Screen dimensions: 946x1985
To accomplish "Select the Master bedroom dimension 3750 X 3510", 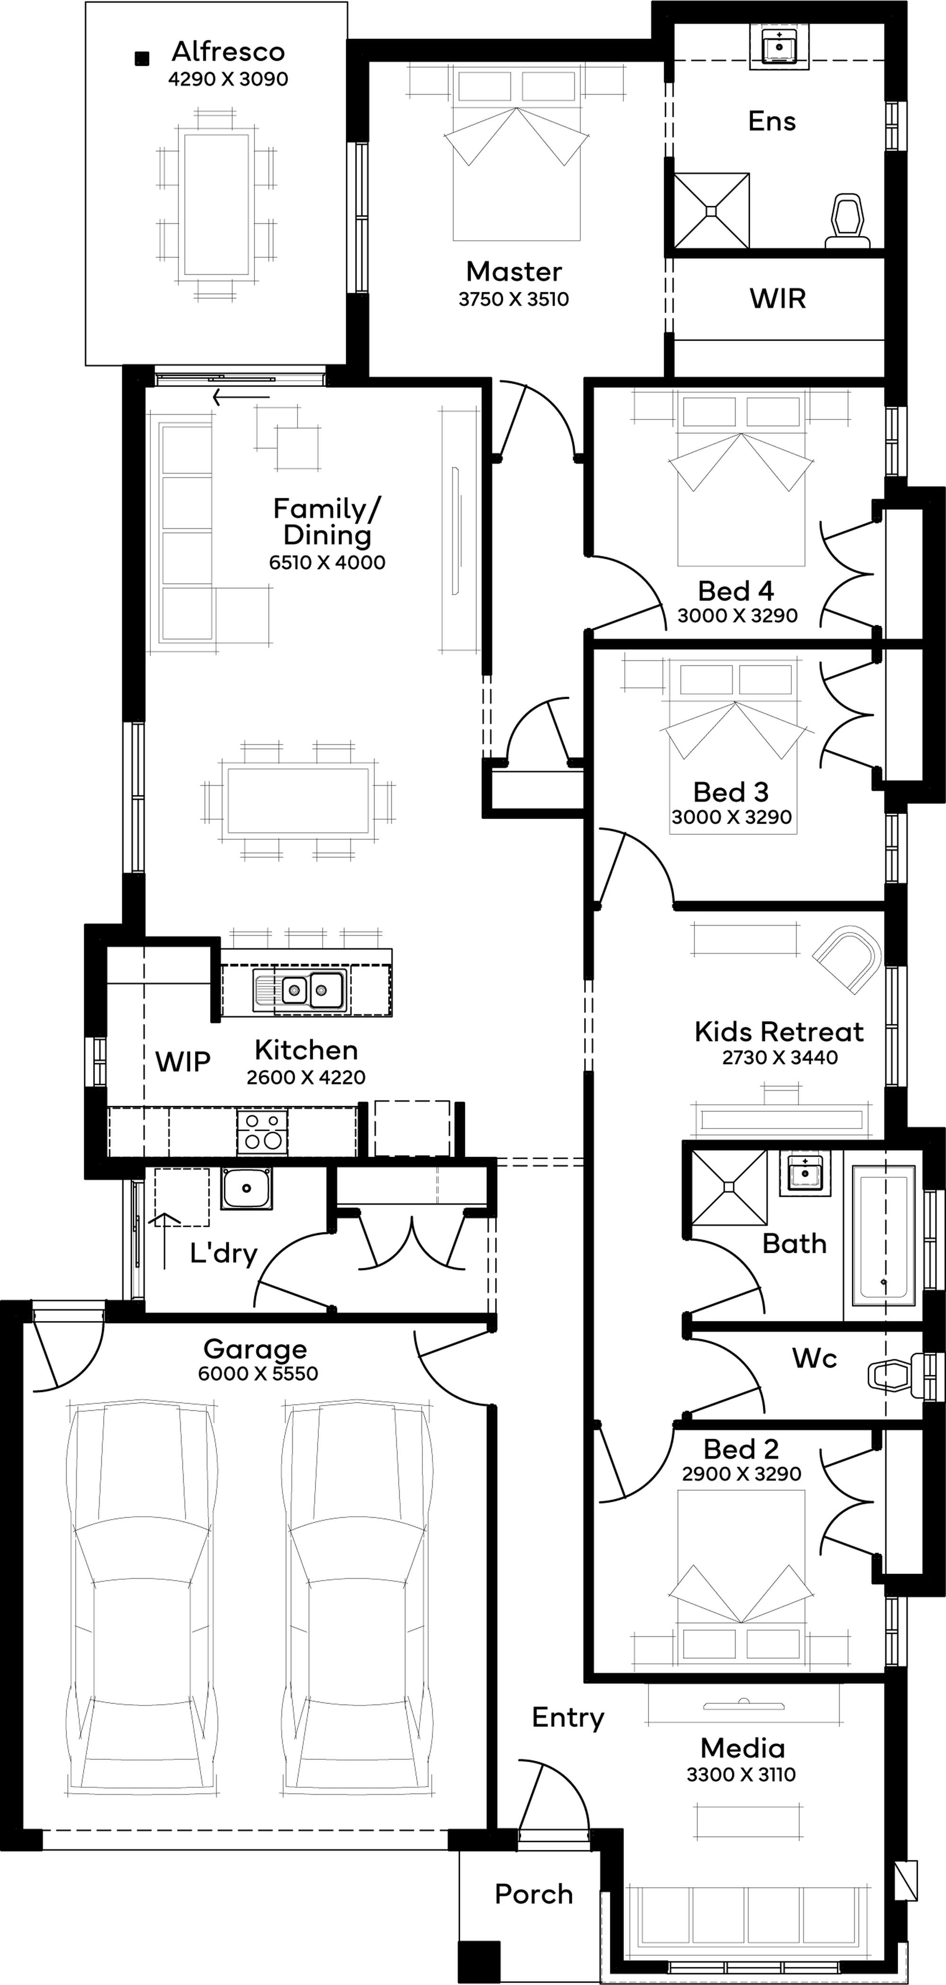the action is point(514,299).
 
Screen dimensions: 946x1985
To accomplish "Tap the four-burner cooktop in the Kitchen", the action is point(262,1131).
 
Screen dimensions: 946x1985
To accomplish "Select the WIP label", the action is point(183,1062).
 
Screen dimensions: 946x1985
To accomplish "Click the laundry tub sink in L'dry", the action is point(246,1188).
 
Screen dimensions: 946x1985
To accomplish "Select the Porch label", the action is point(534,1894).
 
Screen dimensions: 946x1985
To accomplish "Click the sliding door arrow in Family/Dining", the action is point(241,398).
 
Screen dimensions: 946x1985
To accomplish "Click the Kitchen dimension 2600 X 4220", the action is point(306,1077).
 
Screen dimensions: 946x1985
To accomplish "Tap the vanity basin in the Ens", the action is point(780,47).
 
